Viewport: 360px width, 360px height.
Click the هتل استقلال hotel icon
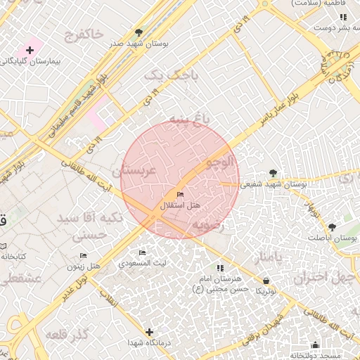point(181,195)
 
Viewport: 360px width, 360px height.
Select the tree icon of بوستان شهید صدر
point(139,32)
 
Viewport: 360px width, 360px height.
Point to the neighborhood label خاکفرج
point(82,33)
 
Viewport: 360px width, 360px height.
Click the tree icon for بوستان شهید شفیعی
point(273,173)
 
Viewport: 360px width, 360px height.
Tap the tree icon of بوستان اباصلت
point(331,227)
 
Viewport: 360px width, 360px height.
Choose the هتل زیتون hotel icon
point(84,256)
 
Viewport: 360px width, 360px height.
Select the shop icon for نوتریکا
point(266,281)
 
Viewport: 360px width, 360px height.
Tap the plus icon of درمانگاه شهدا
point(149,332)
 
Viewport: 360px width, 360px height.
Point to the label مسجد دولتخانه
point(316,355)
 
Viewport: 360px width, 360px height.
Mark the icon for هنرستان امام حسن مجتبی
point(220,268)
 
